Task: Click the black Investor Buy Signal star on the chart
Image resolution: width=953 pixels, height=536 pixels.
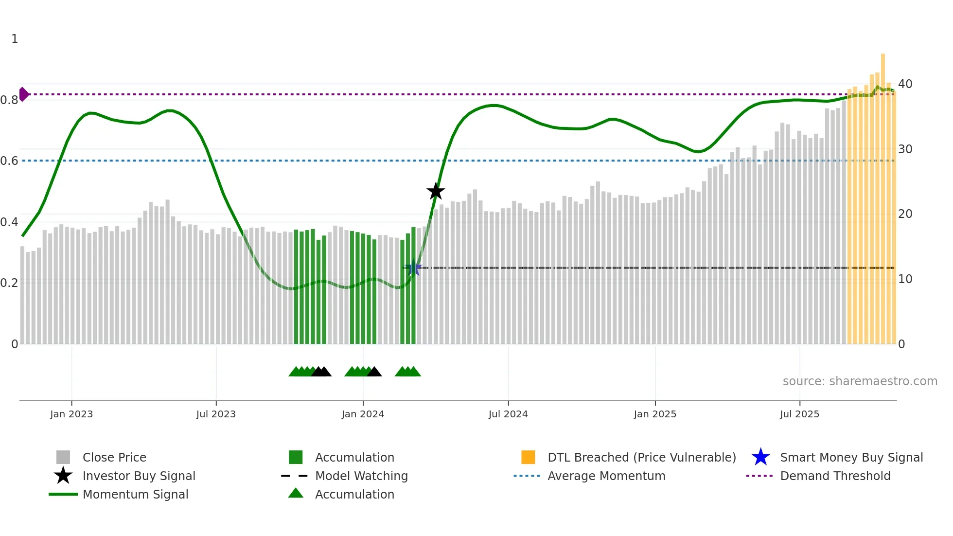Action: pos(436,191)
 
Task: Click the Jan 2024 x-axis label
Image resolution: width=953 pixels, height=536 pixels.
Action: pos(363,414)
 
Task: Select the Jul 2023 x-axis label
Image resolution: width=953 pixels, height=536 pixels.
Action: pos(216,414)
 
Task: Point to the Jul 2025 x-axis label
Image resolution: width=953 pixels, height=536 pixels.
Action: pos(799,414)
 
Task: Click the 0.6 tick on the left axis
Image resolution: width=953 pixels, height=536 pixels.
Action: pos(9,161)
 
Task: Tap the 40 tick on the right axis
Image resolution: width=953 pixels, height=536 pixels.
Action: pos(905,84)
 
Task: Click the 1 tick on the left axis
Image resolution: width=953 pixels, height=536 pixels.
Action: pos(15,39)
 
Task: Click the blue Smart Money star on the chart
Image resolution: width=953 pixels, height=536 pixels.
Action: pos(413,268)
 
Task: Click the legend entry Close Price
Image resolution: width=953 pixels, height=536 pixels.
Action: pos(114,457)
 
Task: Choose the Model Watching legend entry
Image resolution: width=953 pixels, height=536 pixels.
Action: pos(361,476)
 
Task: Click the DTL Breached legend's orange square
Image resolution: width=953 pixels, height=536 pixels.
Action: pos(528,457)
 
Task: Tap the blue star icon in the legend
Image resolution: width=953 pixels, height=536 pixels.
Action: pos(760,457)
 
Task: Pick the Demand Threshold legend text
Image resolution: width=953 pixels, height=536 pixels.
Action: pos(835,476)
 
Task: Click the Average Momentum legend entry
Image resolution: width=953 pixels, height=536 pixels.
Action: pos(606,476)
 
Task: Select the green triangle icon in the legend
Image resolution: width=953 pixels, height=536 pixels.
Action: pos(296,493)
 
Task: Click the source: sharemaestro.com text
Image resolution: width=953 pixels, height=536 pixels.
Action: pos(860,381)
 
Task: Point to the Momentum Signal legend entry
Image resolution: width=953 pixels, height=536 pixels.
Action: pos(135,494)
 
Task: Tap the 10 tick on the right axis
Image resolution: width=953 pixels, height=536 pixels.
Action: pos(905,279)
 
